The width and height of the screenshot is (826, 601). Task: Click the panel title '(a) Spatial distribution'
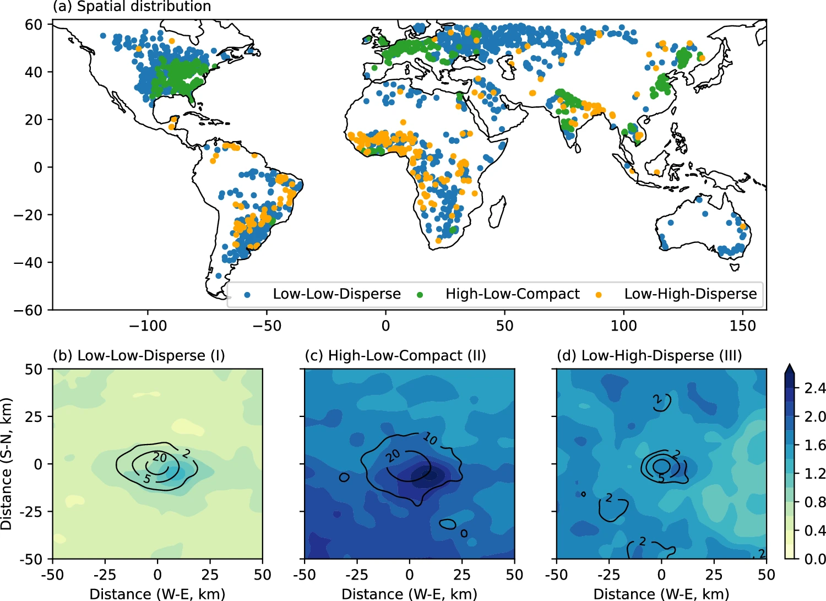pos(132,7)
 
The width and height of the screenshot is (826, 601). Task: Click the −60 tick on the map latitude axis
pos(28,310)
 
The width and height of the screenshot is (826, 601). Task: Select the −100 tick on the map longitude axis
pos(148,326)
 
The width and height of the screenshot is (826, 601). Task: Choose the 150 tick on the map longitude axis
pos(742,326)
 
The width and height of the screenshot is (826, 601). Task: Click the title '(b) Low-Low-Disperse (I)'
pos(139,356)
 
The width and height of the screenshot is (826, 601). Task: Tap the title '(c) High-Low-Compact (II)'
pos(395,356)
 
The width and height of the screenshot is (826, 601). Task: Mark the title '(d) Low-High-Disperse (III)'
pos(649,356)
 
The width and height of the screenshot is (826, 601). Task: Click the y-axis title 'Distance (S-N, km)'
pos(7,464)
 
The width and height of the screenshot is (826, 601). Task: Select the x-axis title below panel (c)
pos(409,594)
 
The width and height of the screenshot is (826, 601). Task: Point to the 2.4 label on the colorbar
pos(814,388)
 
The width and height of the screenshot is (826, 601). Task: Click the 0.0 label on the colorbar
pos(814,559)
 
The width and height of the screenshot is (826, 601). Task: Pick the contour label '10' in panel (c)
pos(431,438)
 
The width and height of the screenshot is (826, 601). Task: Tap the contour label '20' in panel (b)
pos(160,457)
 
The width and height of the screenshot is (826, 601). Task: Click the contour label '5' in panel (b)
pos(147,479)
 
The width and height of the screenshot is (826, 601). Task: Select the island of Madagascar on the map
pos(497,212)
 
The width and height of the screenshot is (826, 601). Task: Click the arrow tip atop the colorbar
pos(789,365)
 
